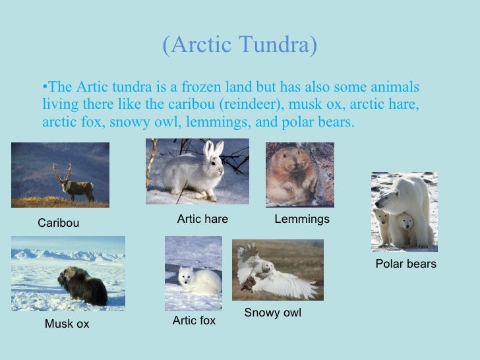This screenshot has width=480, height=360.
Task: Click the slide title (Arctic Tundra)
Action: click(240, 45)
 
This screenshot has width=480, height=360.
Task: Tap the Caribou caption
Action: click(58, 223)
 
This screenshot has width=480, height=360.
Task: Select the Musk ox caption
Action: click(67, 324)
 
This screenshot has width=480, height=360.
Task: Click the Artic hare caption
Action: click(202, 219)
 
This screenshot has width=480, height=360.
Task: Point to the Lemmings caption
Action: click(302, 219)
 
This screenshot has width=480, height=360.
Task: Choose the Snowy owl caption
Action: click(272, 313)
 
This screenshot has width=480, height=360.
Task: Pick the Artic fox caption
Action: click(194, 320)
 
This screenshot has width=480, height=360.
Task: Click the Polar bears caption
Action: click(405, 264)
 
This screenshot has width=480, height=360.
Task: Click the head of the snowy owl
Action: click(267, 267)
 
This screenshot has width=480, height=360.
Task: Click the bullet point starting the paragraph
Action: click(45, 88)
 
